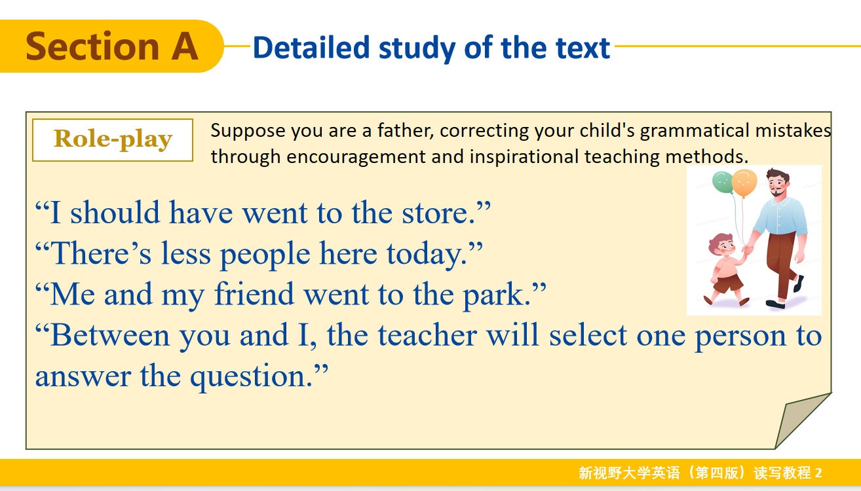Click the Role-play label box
(113, 140)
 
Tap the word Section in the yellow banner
(92, 46)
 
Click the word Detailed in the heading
(311, 48)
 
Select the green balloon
(723, 183)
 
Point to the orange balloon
(744, 183)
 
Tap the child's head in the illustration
(721, 245)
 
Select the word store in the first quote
(438, 213)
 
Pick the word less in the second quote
(185, 253)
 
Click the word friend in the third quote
(254, 294)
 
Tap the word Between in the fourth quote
(110, 335)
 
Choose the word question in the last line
(251, 377)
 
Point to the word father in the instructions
(406, 130)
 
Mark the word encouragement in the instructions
(356, 157)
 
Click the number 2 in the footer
(818, 473)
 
